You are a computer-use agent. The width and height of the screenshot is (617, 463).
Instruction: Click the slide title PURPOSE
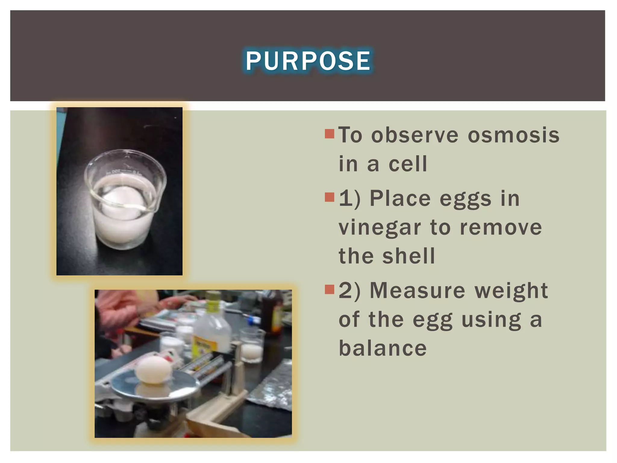pos(308,61)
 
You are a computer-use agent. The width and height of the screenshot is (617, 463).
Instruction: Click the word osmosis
pos(513,135)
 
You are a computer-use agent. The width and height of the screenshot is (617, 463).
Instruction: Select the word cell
pos(408,164)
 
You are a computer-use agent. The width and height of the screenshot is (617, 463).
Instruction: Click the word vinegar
pos(380,228)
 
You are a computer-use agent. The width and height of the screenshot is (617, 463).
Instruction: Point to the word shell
pos(409,256)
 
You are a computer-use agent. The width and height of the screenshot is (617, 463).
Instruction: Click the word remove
pos(501,228)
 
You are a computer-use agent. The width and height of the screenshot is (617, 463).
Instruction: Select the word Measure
pos(417,291)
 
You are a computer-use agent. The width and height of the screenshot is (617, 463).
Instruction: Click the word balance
pos(383,348)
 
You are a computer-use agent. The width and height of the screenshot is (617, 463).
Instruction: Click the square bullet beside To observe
pos(330,134)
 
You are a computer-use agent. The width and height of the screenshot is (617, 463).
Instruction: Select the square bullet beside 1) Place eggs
pos(330,197)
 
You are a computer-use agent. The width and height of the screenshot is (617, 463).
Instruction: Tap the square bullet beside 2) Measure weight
pos(330,289)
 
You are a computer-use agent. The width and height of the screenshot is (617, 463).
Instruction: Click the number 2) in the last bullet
pos(349,291)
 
